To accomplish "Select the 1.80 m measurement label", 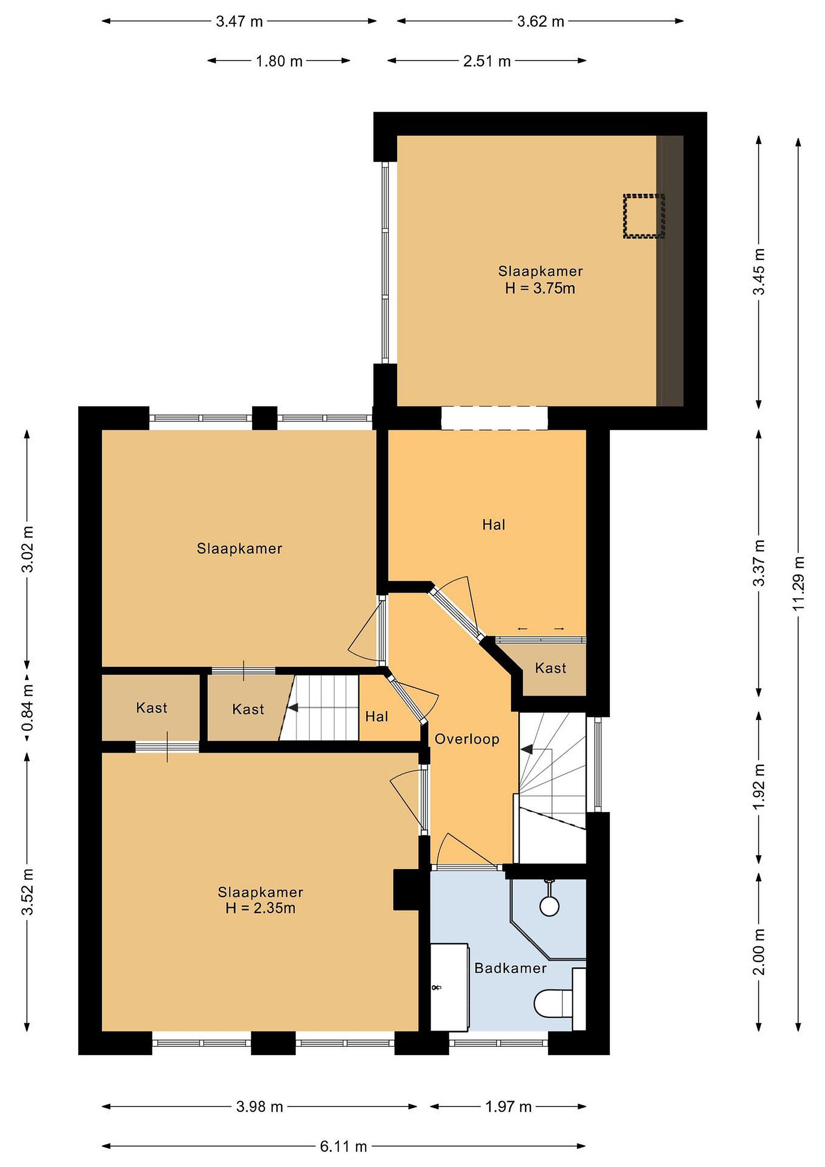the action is click(x=279, y=62).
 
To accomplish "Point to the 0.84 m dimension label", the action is click(x=28, y=707).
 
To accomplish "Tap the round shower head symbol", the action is click(x=549, y=906).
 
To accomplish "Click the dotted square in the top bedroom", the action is click(x=644, y=216).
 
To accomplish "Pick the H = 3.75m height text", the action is click(x=540, y=289).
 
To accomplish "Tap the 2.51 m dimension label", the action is click(x=487, y=62).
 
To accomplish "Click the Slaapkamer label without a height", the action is click(x=239, y=548).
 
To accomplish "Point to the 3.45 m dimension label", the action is click(x=759, y=271).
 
